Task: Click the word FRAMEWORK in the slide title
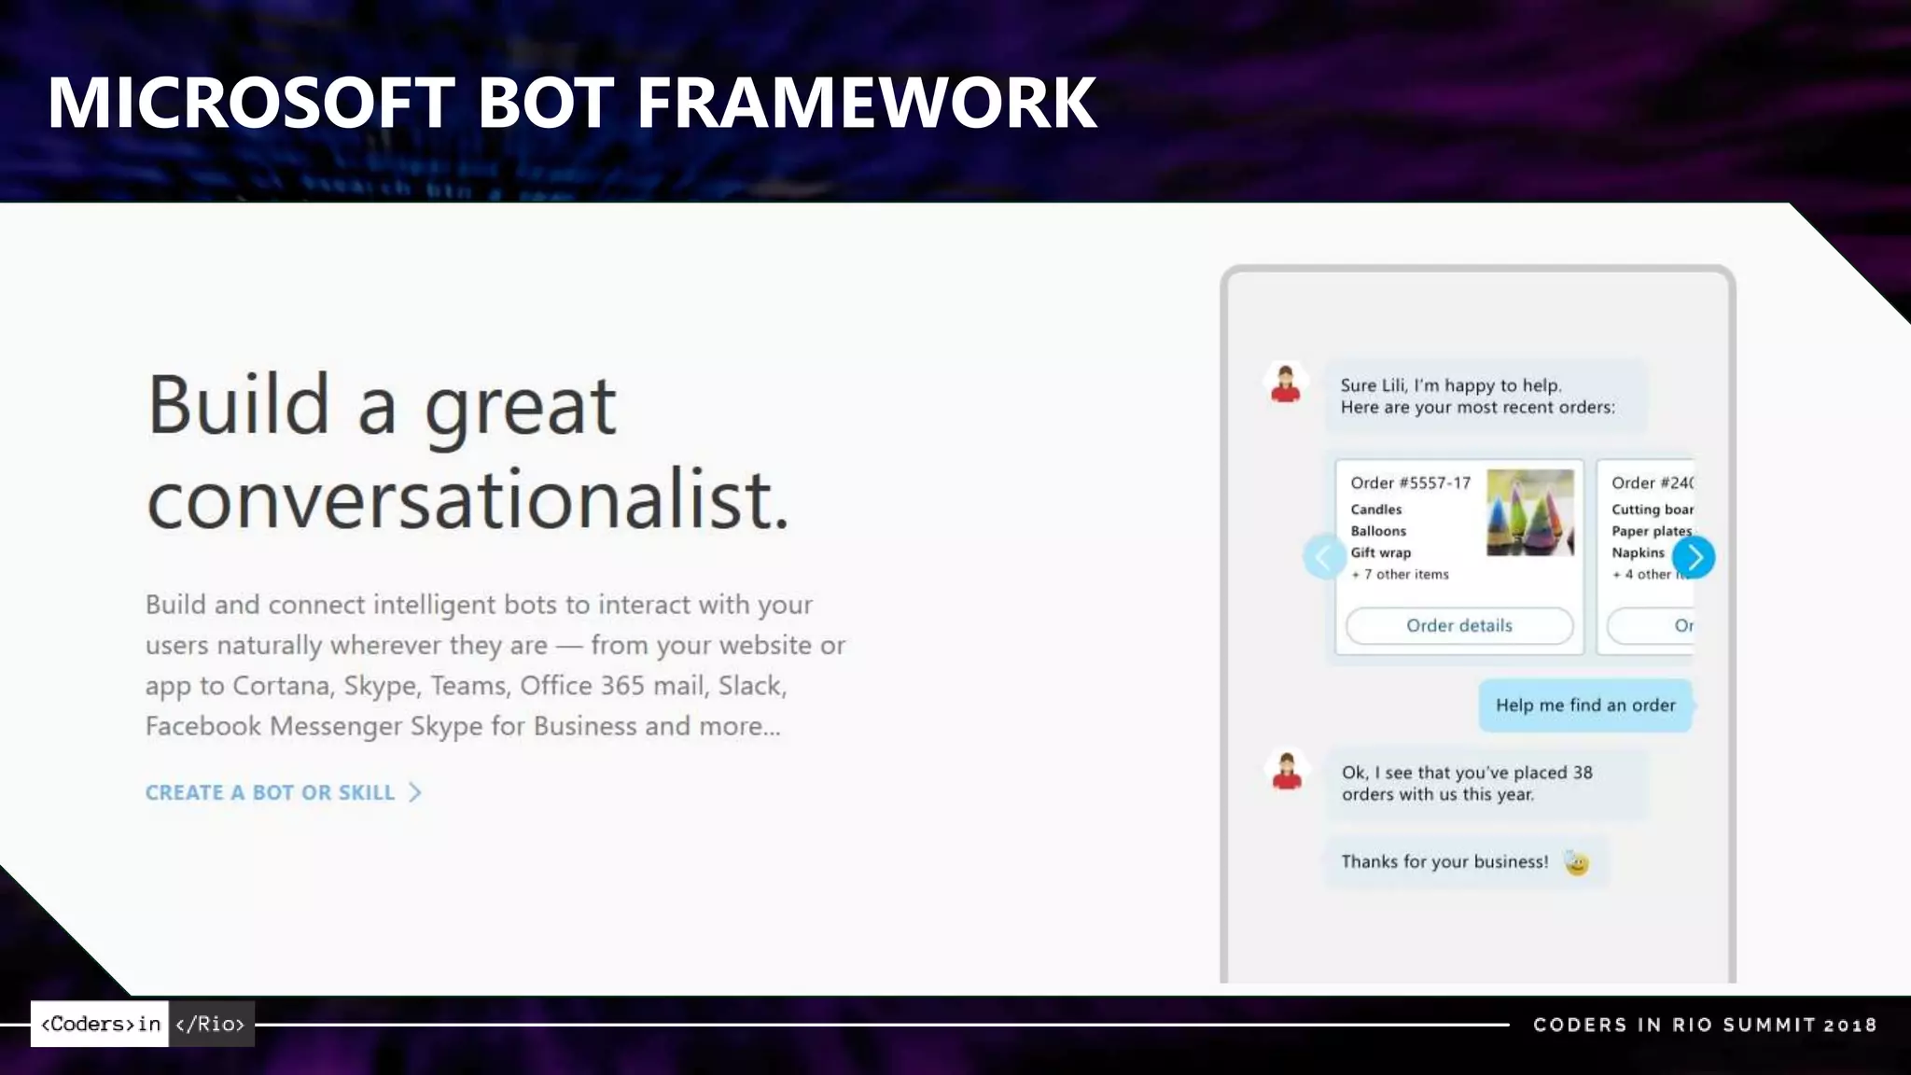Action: tap(866, 103)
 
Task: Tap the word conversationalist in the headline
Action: tap(467, 500)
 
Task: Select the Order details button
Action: tap(1458, 625)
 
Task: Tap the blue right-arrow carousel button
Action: tap(1694, 557)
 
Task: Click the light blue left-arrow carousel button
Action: tap(1323, 557)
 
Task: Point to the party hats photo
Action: tap(1529, 512)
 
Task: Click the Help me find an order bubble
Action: tap(1584, 705)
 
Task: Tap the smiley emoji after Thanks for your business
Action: tap(1576, 862)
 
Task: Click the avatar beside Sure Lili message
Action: tap(1285, 384)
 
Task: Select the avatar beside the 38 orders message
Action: tap(1287, 771)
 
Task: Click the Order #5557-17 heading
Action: tap(1410, 482)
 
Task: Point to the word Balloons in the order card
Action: tap(1378, 531)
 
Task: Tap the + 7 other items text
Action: tap(1400, 574)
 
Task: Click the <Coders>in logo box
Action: tap(100, 1024)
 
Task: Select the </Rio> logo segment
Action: tap(211, 1024)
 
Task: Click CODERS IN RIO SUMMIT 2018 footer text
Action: tap(1704, 1025)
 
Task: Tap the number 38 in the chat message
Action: tap(1583, 773)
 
